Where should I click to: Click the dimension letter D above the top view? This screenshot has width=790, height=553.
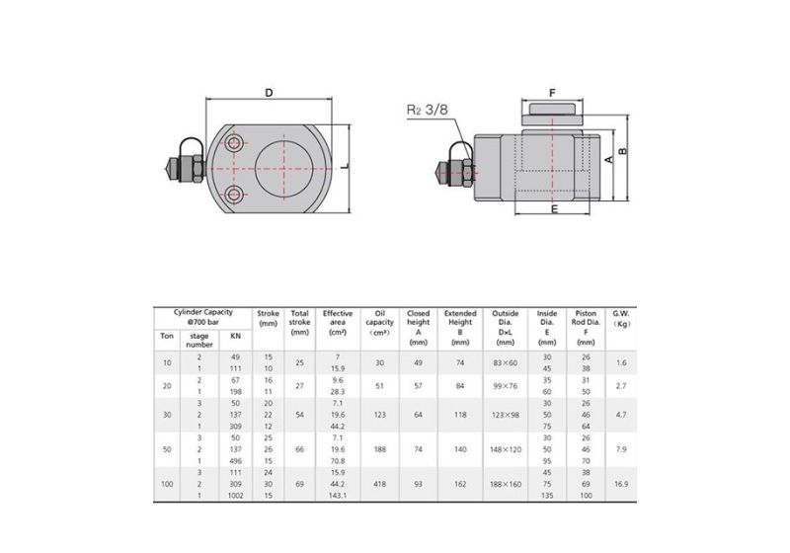click(269, 92)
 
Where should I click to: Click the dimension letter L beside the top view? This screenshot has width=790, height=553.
click(346, 168)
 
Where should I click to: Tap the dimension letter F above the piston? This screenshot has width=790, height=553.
click(553, 93)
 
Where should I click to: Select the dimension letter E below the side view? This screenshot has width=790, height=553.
click(554, 209)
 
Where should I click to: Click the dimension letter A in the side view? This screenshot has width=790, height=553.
click(609, 158)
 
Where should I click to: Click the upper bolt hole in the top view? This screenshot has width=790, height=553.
click(234, 145)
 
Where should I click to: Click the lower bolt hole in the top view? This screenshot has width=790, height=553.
click(234, 193)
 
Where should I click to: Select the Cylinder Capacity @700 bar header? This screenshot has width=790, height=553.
click(202, 317)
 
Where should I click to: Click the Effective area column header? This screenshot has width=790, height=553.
click(338, 322)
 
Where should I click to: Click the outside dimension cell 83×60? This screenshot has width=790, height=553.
click(505, 363)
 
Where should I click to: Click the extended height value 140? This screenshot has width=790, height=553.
click(460, 448)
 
